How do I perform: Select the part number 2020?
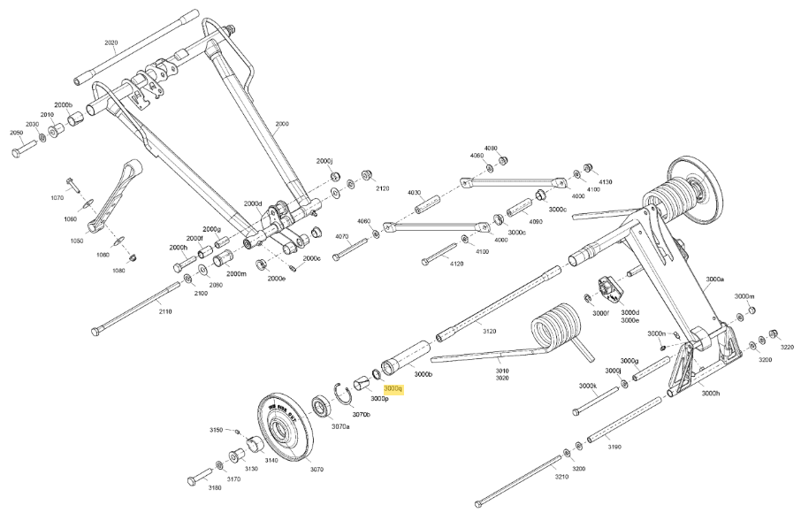coord(111,42)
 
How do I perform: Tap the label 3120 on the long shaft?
coord(489,331)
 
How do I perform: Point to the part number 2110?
coord(165,311)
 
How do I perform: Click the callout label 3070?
coord(317,470)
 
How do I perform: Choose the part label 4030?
coord(415,192)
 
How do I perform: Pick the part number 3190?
coord(614,447)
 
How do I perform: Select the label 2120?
coord(383,188)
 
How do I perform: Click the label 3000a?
coord(715,279)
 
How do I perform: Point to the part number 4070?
coord(343,236)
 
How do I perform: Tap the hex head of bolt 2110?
coord(96,332)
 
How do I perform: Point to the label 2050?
coord(16,133)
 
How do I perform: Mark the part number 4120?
coord(456,264)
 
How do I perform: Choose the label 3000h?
coord(710,393)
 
